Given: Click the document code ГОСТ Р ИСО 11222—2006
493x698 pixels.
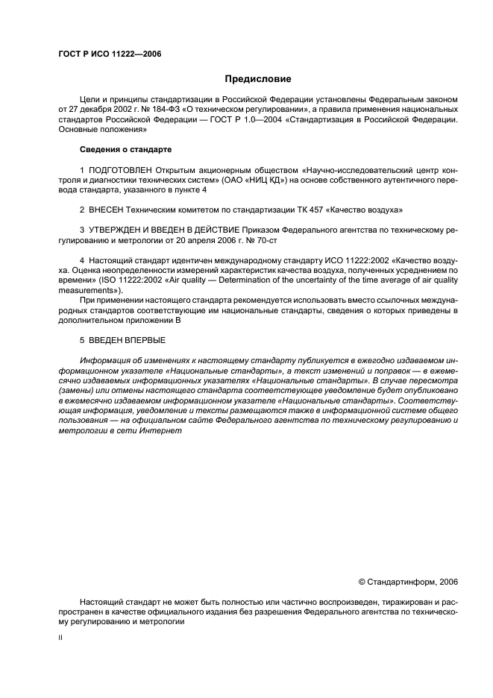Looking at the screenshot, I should (109, 54).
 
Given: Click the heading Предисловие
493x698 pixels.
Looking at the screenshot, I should (259, 78).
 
